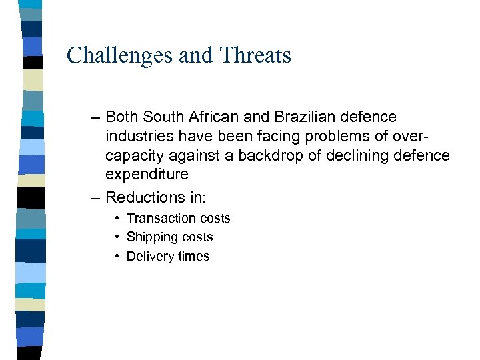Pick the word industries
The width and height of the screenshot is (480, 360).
[137, 137]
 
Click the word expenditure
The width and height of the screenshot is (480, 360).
[147, 175]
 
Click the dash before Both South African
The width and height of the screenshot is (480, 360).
[95, 117]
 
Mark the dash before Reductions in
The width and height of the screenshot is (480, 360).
[95, 197]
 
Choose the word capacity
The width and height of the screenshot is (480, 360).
[132, 156]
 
